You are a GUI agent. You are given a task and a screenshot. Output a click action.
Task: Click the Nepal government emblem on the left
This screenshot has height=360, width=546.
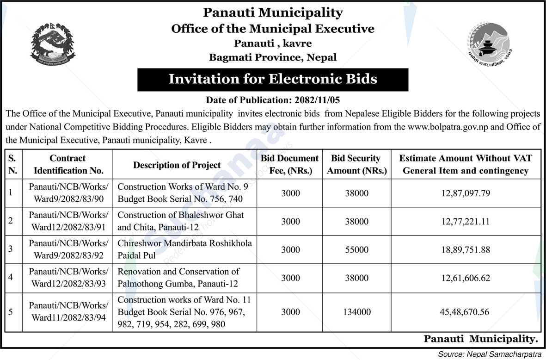(53, 44)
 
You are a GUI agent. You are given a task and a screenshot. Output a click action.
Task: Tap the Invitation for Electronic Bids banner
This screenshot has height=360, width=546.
(273, 79)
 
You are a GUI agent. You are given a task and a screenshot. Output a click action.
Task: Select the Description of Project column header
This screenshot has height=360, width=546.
(177, 165)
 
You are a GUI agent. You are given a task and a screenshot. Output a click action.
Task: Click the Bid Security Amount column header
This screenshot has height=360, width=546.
(356, 164)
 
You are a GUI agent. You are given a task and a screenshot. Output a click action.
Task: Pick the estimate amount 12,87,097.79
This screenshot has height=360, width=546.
(466, 193)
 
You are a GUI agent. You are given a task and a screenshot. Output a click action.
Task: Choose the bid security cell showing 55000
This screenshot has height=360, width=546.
(356, 249)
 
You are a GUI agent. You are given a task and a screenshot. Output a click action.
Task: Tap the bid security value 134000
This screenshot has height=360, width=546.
(356, 312)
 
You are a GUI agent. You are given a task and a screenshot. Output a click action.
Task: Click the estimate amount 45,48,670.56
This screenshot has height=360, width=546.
(466, 312)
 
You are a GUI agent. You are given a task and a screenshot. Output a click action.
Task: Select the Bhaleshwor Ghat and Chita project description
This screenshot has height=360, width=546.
(181, 221)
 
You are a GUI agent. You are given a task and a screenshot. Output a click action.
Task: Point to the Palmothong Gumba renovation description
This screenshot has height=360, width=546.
(178, 278)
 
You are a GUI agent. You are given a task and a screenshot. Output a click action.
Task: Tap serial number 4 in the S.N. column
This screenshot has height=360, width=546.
(11, 278)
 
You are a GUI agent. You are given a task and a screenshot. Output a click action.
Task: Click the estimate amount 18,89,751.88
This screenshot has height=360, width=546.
(466, 249)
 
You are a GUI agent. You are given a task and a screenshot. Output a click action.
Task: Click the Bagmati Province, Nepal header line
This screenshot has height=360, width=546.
(273, 58)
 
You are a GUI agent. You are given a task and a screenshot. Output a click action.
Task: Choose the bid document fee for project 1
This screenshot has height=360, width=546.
(290, 193)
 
